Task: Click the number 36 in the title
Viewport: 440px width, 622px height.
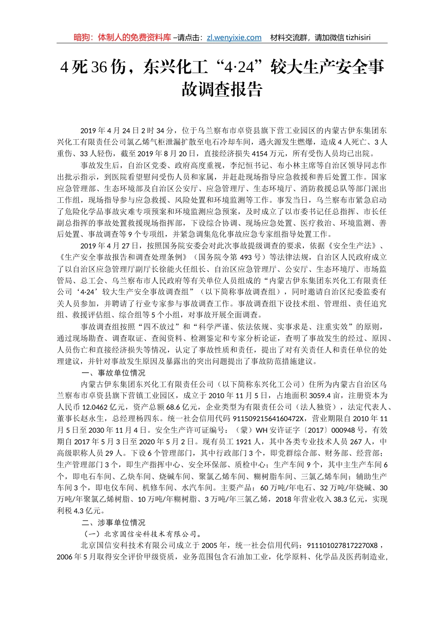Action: point(99,68)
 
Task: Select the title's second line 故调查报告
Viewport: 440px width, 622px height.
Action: point(222,89)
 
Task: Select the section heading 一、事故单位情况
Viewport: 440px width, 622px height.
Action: point(113,373)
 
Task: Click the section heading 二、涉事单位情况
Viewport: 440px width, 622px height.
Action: point(113,522)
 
